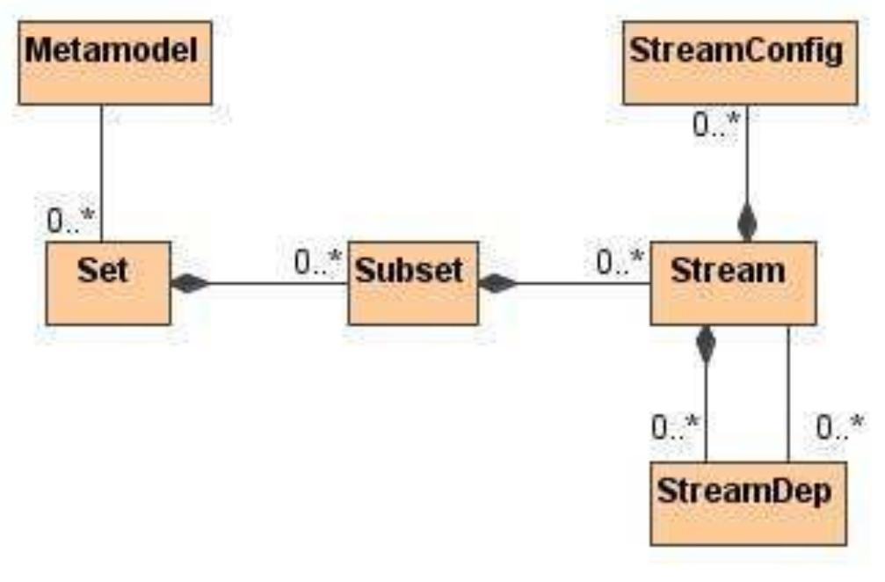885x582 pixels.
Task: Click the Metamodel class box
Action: (114, 63)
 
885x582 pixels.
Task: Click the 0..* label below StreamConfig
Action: (715, 126)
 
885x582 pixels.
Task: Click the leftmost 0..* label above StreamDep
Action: (675, 428)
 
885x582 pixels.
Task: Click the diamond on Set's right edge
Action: (190, 283)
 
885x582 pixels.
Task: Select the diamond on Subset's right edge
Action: (498, 283)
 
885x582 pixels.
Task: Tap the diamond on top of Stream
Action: (747, 224)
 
